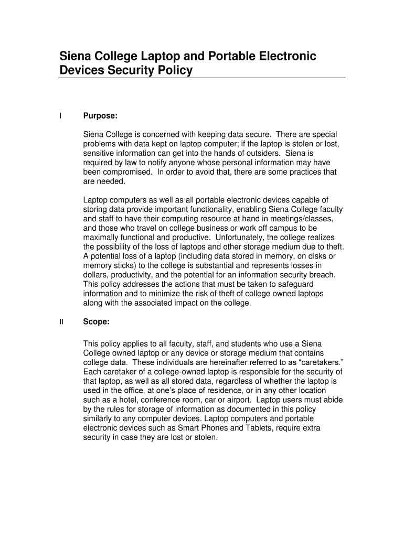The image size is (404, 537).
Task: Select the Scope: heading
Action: (x=97, y=323)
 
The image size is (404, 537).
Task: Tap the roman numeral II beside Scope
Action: (x=61, y=323)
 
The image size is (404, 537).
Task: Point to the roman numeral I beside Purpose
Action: (x=60, y=116)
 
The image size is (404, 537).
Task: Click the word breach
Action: (x=322, y=275)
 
